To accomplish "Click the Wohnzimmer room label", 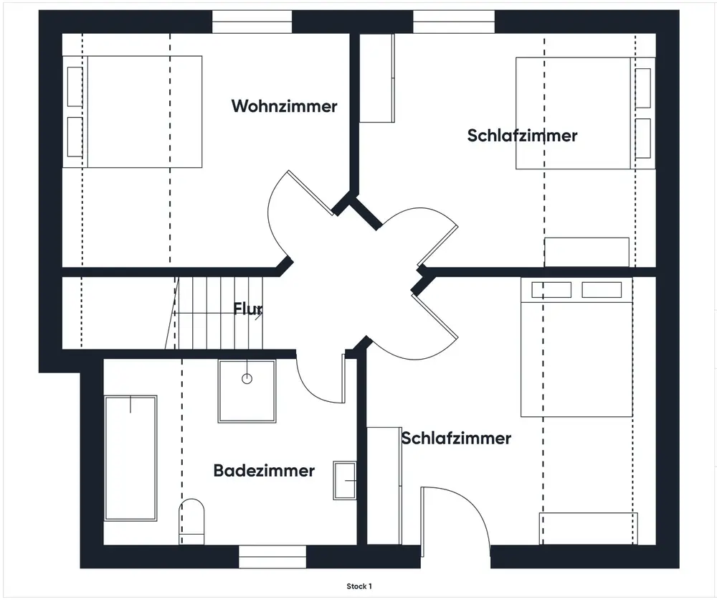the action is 284,106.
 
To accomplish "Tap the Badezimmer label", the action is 264,471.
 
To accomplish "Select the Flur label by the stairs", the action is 248,309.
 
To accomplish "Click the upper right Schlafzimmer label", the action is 522,135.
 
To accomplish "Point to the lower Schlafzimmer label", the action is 456,438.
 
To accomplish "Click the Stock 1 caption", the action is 359,586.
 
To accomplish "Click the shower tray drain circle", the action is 247,378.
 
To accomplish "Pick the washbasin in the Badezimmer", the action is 345,480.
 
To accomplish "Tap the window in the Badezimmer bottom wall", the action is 272,556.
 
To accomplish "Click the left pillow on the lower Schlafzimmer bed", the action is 551,289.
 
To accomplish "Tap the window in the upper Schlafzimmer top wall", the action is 454,22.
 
